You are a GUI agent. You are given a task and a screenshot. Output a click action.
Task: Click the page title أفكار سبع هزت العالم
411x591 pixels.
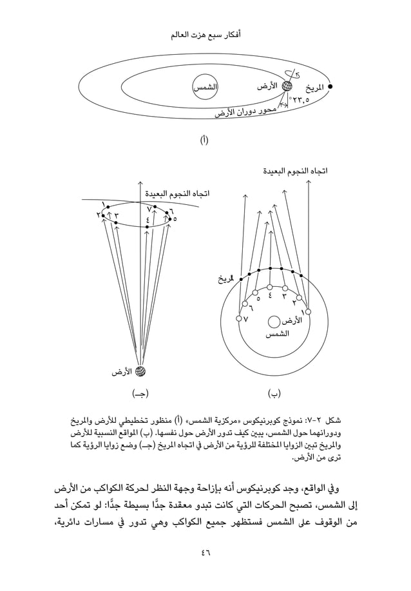[205, 32]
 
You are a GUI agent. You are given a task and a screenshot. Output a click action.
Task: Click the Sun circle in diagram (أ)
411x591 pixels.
[205, 86]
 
